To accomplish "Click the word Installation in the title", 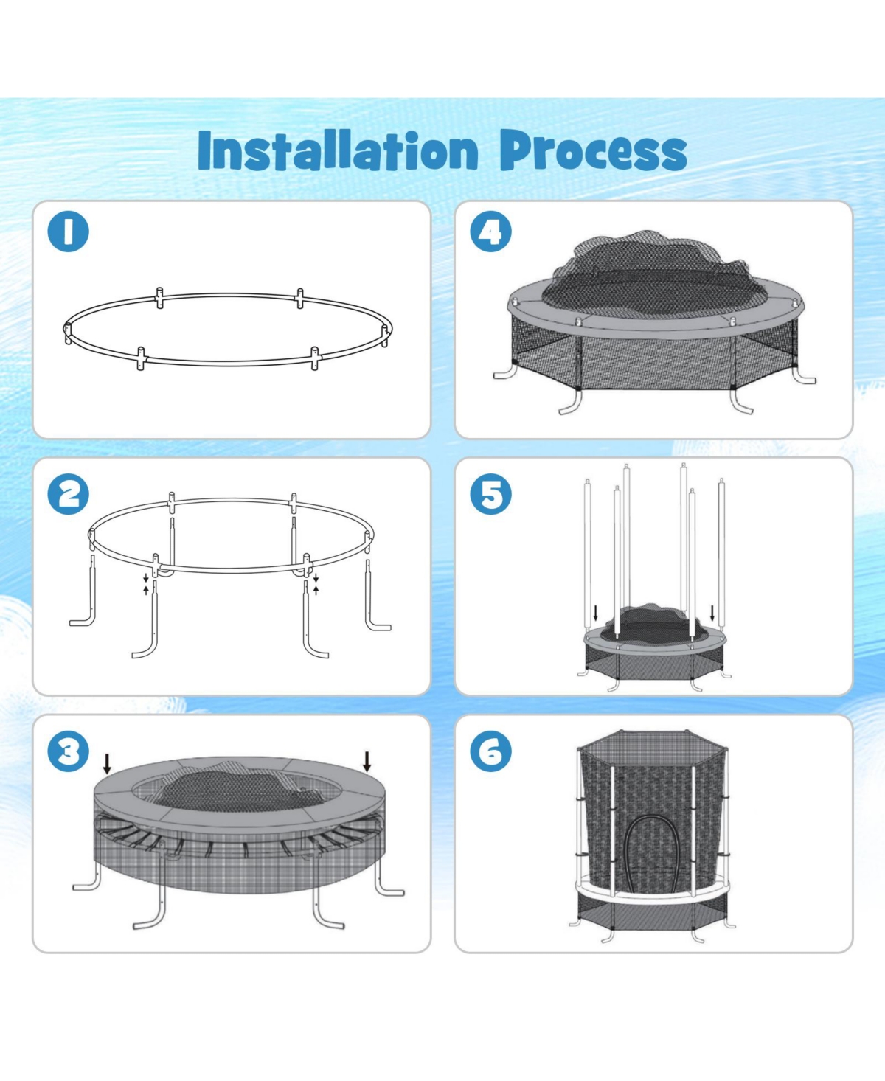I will click(338, 151).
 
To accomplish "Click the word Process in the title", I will click(593, 151).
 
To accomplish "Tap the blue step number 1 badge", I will click(69, 232).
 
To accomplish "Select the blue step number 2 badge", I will click(69, 494).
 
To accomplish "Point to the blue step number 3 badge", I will click(69, 751).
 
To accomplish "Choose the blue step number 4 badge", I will click(490, 232).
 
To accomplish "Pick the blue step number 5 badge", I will click(490, 494).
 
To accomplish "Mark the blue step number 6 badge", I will click(490, 751).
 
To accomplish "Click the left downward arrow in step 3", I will click(107, 763).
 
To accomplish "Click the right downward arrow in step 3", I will click(367, 761).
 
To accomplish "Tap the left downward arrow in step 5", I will click(596, 613).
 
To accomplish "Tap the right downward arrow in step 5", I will click(712, 613).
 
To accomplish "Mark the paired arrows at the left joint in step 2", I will click(146, 584).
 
